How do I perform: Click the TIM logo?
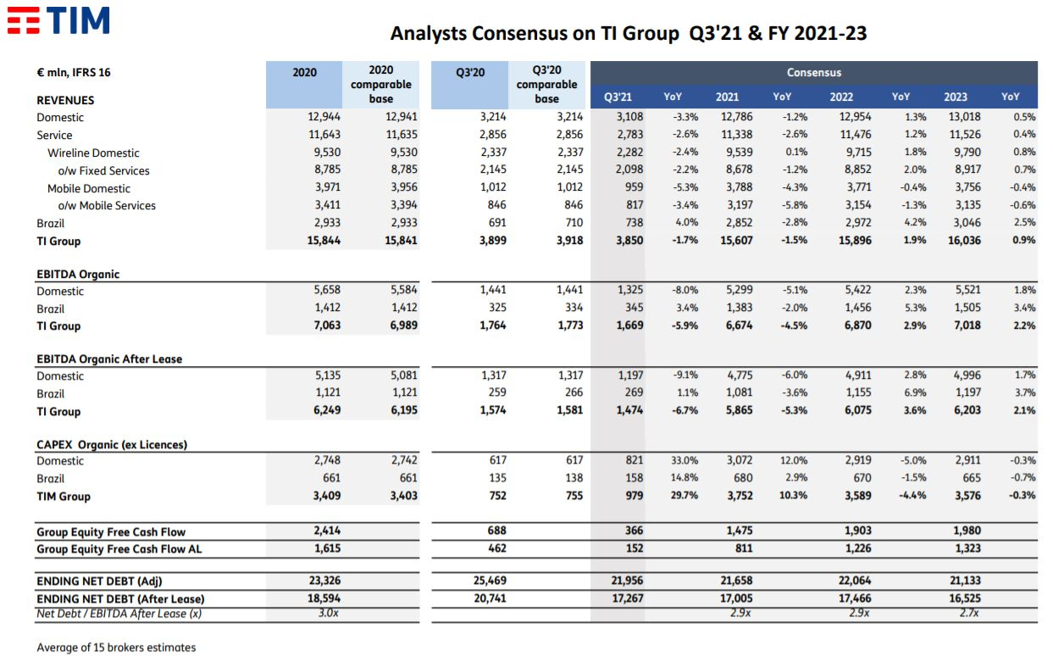58,20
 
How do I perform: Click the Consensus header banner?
814,72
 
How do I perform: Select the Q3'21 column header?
618,97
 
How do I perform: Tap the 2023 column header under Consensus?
956,97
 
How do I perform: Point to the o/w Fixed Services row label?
103,170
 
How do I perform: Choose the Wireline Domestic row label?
93,153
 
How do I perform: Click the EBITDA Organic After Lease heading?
109,359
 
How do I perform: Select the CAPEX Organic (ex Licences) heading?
112,444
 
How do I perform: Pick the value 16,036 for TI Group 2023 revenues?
964,241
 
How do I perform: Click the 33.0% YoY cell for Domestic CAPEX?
684,460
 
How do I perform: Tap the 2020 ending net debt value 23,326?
324,581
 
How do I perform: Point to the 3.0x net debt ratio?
328,613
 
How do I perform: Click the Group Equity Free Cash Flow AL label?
119,548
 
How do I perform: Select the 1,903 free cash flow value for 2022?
858,531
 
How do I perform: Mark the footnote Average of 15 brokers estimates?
116,647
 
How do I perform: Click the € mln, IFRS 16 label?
74,72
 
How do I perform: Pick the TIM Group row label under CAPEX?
64,496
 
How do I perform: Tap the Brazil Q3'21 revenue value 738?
634,222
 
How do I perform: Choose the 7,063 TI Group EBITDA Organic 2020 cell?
327,325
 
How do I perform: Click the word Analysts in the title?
429,34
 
